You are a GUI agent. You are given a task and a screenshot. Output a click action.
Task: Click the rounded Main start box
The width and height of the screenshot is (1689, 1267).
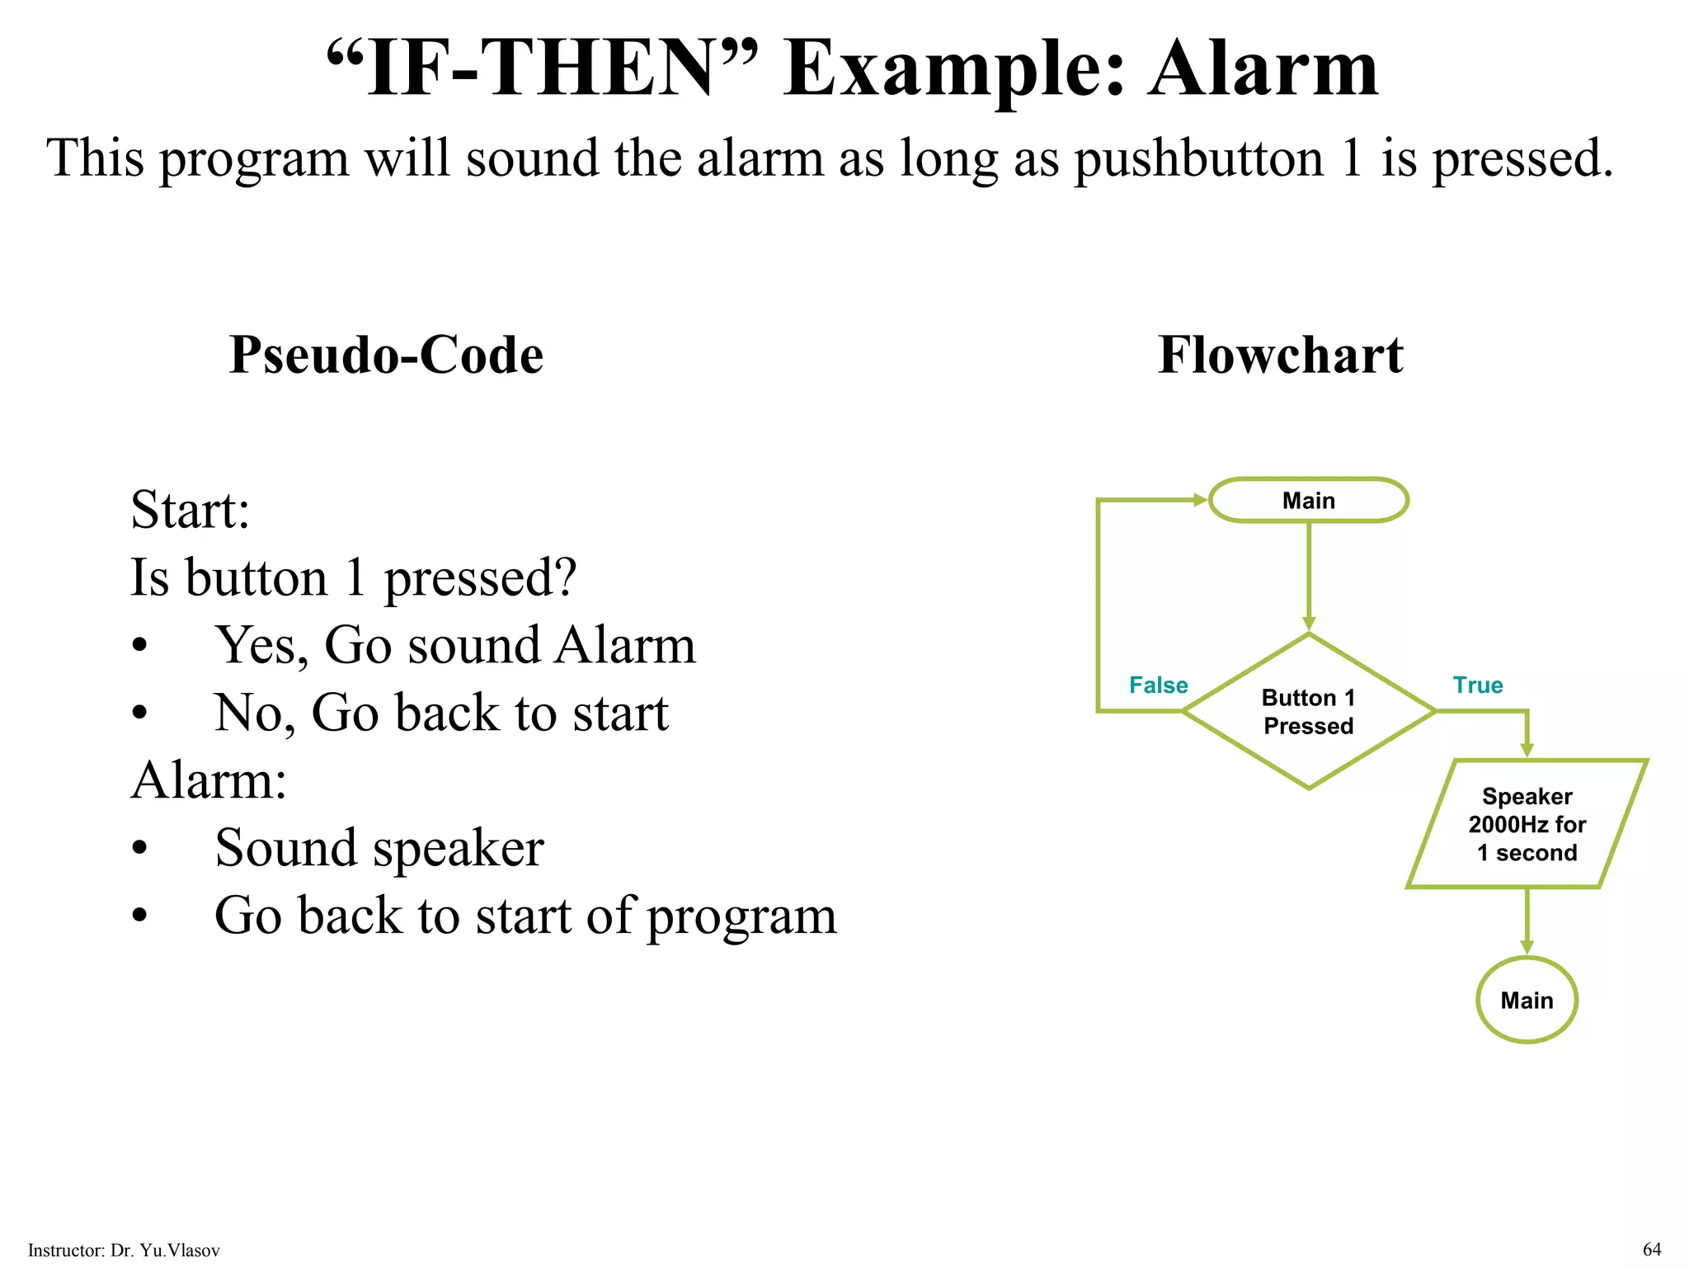click(1308, 500)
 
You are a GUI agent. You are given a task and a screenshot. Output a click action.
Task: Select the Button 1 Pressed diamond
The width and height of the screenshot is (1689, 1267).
click(1308, 711)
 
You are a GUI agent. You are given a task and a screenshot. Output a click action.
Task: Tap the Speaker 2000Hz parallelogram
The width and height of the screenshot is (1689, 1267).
click(1527, 824)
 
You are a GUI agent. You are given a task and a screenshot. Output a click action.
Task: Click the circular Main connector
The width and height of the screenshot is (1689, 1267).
click(1527, 1000)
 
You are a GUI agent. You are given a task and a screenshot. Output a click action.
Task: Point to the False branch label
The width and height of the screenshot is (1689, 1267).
click(1158, 685)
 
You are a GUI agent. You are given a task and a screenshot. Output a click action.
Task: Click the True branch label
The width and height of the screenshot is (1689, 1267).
click(1477, 685)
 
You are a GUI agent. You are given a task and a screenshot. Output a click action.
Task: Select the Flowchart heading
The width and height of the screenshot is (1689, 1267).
click(1280, 355)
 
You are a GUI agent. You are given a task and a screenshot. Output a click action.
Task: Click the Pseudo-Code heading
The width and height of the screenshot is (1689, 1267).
click(386, 355)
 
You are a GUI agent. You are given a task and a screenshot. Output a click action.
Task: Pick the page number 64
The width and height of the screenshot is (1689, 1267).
click(1652, 1249)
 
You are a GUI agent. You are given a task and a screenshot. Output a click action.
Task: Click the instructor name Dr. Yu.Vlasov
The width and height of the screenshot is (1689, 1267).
click(165, 1251)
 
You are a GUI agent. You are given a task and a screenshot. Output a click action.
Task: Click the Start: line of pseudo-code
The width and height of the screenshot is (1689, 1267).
click(190, 510)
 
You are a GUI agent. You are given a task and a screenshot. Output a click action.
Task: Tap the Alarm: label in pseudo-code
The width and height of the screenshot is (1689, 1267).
click(209, 780)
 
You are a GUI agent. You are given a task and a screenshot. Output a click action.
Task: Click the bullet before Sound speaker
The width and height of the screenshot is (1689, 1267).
click(140, 848)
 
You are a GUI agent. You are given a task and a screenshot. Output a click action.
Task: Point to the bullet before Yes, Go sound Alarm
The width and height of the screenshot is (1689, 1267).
click(140, 646)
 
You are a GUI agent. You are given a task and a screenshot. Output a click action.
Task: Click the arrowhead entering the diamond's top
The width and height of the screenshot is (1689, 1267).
click(1308, 624)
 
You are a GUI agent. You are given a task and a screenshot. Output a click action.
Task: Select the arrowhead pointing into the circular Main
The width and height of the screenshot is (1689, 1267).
click(1527, 948)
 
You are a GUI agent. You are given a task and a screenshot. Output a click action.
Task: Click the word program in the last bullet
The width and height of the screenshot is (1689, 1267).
click(741, 916)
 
